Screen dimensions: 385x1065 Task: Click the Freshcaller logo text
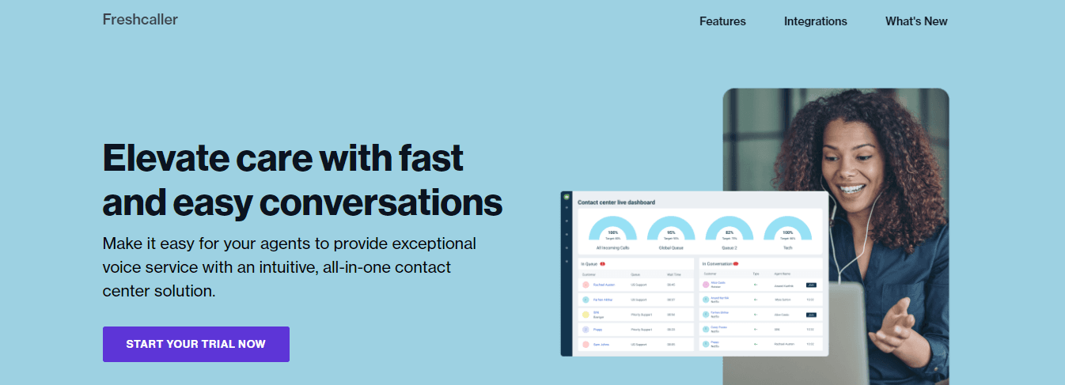(140, 20)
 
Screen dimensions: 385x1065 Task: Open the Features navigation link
(722, 21)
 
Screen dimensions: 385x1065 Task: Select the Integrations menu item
(815, 21)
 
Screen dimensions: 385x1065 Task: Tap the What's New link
(916, 21)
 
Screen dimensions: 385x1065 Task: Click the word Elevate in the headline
(168, 158)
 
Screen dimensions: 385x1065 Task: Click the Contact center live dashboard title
(616, 202)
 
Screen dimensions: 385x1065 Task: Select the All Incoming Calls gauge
(612, 230)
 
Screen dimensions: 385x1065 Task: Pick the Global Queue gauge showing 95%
(671, 230)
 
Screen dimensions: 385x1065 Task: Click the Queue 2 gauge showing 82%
(729, 230)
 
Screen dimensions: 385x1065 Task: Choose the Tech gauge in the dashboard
(787, 230)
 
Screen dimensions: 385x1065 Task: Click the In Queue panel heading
(590, 263)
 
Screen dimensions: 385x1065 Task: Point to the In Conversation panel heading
(717, 263)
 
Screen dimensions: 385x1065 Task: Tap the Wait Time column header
(673, 274)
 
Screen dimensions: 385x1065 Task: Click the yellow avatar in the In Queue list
(586, 315)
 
